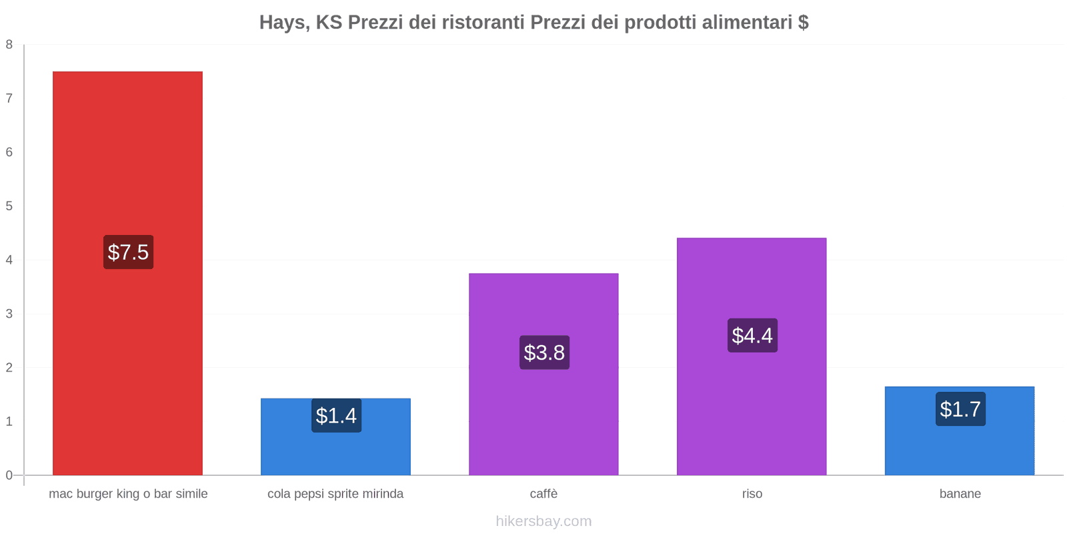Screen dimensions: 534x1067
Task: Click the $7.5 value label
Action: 128,252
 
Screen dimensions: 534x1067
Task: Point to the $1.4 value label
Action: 336,416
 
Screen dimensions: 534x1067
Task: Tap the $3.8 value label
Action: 544,352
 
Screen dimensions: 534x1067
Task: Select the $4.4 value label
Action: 752,335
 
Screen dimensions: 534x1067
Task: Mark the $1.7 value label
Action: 960,409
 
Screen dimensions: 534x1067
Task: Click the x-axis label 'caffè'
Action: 544,494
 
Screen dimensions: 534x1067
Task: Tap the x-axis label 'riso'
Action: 752,494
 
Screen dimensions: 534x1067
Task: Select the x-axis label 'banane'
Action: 960,494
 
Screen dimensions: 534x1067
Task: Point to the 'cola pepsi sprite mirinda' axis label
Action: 335,494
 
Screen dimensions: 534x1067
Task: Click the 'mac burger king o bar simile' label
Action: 128,494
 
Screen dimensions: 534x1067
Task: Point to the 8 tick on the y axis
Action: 9,45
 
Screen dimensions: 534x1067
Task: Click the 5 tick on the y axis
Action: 9,206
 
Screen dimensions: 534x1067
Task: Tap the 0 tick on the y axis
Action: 9,475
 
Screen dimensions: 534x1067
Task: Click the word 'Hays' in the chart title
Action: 283,23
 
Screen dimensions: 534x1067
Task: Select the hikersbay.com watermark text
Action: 544,521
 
